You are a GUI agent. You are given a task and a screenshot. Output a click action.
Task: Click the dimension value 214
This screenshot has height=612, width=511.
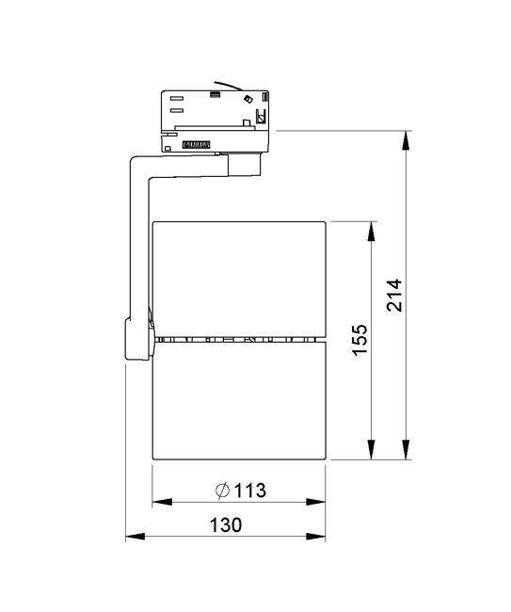[x=394, y=295]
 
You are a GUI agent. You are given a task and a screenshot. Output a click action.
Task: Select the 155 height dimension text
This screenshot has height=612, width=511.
[x=359, y=340]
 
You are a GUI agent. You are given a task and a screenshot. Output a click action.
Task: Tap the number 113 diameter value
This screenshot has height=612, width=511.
[x=250, y=491]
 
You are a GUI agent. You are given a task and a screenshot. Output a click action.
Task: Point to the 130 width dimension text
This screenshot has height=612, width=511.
[x=226, y=525]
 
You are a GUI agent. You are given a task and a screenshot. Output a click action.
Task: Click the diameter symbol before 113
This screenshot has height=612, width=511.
[x=223, y=491]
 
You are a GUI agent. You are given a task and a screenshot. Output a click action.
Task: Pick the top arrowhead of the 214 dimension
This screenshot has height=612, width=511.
[x=407, y=140]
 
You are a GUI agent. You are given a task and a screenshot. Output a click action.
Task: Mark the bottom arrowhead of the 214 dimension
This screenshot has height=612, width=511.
[x=407, y=449]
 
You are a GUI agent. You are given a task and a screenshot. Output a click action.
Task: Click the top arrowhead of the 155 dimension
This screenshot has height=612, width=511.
[x=372, y=231]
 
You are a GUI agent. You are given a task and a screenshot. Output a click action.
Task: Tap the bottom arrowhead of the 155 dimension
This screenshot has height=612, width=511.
[x=372, y=449]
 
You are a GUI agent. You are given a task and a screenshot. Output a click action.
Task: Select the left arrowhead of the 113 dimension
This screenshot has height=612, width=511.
[x=162, y=502]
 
